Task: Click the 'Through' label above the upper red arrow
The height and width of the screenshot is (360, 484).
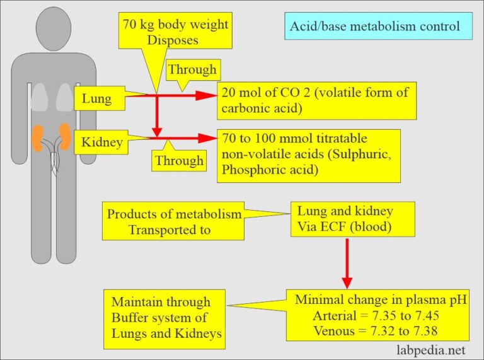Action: click(192, 70)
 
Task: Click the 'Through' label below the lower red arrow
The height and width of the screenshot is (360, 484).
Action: click(179, 161)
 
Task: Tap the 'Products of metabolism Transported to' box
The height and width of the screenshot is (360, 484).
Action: click(173, 222)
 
